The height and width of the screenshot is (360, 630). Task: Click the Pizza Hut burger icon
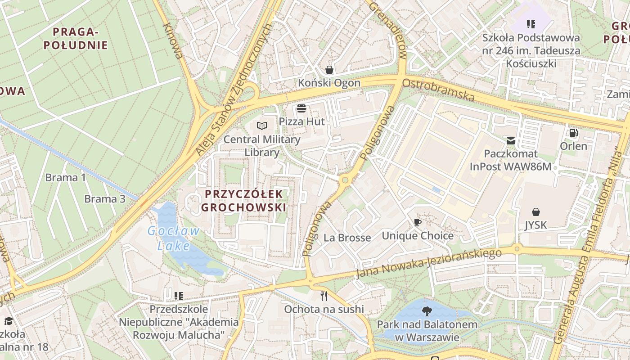tap(301, 108)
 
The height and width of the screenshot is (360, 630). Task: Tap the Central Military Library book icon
tap(261, 126)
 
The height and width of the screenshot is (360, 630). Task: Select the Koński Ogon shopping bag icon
tap(329, 69)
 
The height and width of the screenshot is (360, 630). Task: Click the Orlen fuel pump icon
tap(573, 132)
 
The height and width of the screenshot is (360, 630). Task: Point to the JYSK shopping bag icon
tap(535, 211)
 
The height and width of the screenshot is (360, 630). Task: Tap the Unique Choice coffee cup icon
tap(418, 222)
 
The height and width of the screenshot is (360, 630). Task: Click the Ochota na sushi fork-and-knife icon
tap(324, 296)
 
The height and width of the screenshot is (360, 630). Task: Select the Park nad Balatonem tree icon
tap(427, 310)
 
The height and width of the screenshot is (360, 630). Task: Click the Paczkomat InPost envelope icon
tap(510, 141)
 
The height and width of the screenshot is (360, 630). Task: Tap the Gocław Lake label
tap(174, 238)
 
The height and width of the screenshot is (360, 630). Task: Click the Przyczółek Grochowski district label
tap(243, 201)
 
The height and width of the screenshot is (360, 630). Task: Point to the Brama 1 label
tap(65, 177)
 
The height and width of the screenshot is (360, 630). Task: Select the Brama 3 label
tap(104, 198)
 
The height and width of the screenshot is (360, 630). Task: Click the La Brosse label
tap(347, 238)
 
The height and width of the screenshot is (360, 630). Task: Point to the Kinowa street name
tap(173, 40)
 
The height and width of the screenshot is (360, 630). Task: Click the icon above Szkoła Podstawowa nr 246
tap(531, 24)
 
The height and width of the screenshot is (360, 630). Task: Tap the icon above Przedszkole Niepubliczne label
tap(179, 296)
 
